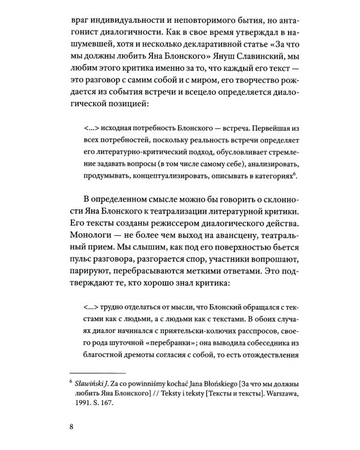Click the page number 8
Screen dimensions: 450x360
pyautogui.click(x=72, y=443)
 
